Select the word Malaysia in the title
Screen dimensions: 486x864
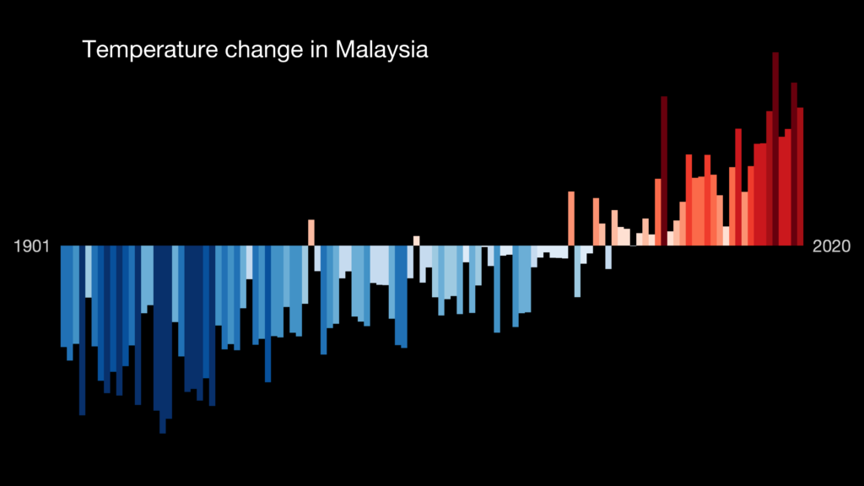point(381,50)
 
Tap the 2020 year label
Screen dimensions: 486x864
point(832,246)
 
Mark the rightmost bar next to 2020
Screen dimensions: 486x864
point(801,176)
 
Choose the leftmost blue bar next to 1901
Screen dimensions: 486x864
point(63,295)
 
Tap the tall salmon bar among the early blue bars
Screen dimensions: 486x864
point(311,232)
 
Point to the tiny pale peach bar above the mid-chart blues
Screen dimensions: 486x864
point(417,240)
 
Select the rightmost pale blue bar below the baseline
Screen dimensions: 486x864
point(607,257)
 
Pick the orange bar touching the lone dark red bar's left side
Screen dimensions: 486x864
point(657,211)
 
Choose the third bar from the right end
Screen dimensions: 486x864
point(788,186)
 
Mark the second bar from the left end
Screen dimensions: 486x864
point(70,303)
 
